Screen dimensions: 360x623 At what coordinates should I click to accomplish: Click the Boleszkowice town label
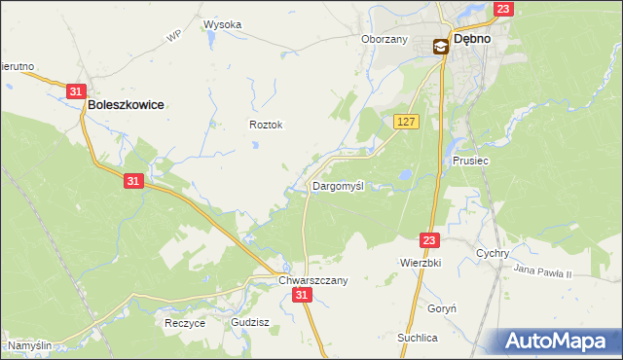125,103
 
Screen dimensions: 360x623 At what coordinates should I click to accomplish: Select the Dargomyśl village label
337,185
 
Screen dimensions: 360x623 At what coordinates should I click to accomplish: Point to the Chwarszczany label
312,279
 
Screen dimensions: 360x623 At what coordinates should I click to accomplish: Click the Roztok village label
266,125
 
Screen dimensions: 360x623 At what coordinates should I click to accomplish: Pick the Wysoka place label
222,24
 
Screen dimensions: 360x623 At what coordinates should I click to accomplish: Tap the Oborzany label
384,39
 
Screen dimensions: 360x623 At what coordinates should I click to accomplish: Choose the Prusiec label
470,162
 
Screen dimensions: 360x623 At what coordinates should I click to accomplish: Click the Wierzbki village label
421,263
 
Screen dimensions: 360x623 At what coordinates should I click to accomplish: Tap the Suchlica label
417,337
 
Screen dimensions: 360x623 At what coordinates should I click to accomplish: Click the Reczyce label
185,323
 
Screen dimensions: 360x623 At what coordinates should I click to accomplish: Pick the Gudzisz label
249,321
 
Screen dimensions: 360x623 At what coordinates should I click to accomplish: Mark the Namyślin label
29,345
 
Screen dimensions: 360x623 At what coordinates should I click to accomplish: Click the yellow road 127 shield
407,121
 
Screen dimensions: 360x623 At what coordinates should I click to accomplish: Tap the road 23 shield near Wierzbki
431,239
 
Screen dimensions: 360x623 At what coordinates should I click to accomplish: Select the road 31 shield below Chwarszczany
303,295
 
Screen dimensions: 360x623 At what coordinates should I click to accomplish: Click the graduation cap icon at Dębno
440,45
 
